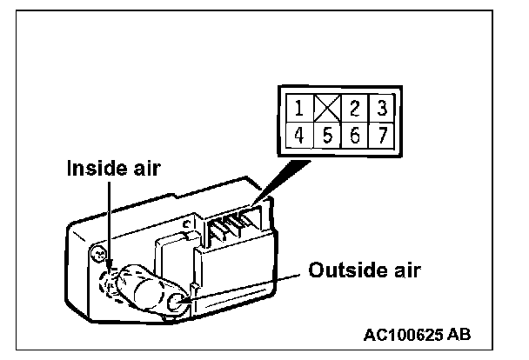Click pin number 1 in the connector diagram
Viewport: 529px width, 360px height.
point(298,109)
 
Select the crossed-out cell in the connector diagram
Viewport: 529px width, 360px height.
point(327,109)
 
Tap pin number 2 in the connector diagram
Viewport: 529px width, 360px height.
point(355,109)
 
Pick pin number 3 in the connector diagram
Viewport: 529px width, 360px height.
point(382,109)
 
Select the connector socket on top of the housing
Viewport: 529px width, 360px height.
point(231,229)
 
